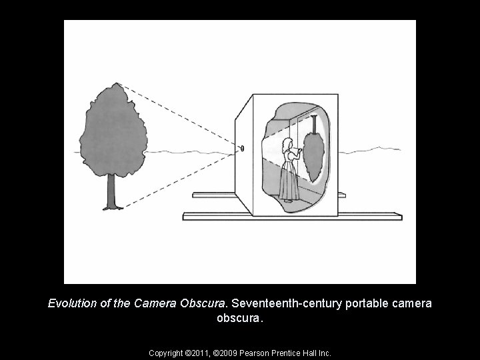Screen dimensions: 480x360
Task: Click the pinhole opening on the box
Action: click(x=243, y=148)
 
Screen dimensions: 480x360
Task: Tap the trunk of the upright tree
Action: click(x=111, y=190)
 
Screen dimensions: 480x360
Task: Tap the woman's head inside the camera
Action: click(x=289, y=143)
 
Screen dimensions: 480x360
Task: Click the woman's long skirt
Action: click(x=289, y=182)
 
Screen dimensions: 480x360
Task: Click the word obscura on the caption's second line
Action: click(x=239, y=318)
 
